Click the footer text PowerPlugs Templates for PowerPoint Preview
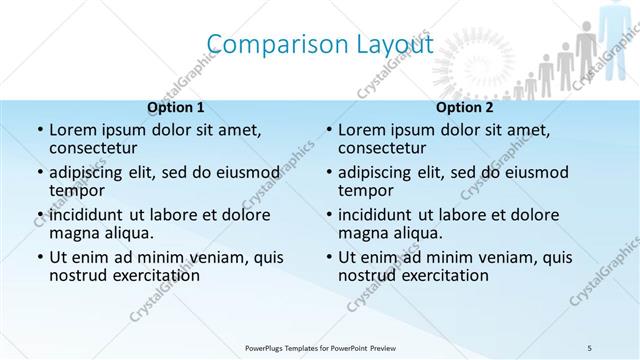pos(319,346)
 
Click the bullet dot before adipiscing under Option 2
pos(329,173)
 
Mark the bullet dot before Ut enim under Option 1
pos(40,257)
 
